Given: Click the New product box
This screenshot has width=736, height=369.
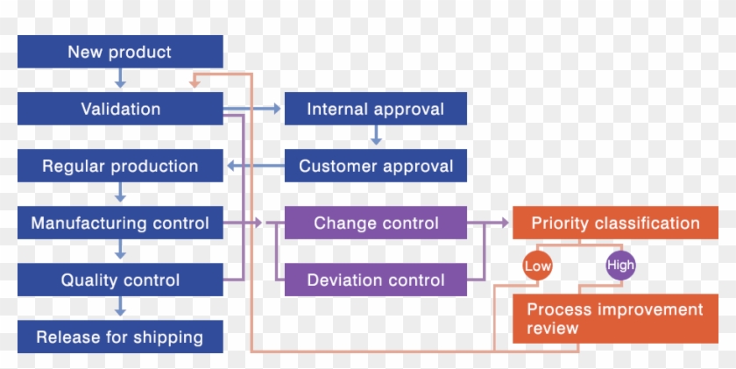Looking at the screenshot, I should click(120, 52).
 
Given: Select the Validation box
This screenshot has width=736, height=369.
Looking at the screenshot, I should click(120, 109).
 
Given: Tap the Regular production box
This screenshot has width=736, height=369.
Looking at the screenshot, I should click(120, 166).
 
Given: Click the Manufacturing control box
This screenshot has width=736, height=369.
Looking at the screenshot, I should click(120, 224).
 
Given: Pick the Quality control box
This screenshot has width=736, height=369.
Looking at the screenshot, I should click(120, 280).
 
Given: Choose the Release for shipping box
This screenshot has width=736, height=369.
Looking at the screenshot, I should click(120, 337).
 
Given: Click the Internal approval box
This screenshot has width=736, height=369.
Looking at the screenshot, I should click(375, 109).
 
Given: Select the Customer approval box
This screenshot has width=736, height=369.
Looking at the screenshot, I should click(375, 166).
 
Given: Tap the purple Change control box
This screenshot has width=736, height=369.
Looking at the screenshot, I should click(375, 224).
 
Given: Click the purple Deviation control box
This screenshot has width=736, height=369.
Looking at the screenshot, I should click(375, 280).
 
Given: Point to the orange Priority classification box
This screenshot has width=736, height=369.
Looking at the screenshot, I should click(615, 224).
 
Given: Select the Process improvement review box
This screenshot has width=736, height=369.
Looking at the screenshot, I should click(615, 319).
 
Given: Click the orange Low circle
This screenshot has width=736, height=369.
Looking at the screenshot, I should click(536, 265).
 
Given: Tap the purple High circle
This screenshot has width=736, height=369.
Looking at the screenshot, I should click(620, 265).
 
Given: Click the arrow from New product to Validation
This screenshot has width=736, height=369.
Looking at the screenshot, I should click(120, 80).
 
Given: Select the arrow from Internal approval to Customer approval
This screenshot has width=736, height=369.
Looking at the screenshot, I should click(375, 137).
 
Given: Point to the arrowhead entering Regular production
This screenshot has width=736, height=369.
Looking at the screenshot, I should click(230, 166).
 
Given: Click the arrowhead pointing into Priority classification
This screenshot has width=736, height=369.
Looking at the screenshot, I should click(505, 224).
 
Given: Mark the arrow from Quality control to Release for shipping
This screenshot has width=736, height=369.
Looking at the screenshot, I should click(120, 308).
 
